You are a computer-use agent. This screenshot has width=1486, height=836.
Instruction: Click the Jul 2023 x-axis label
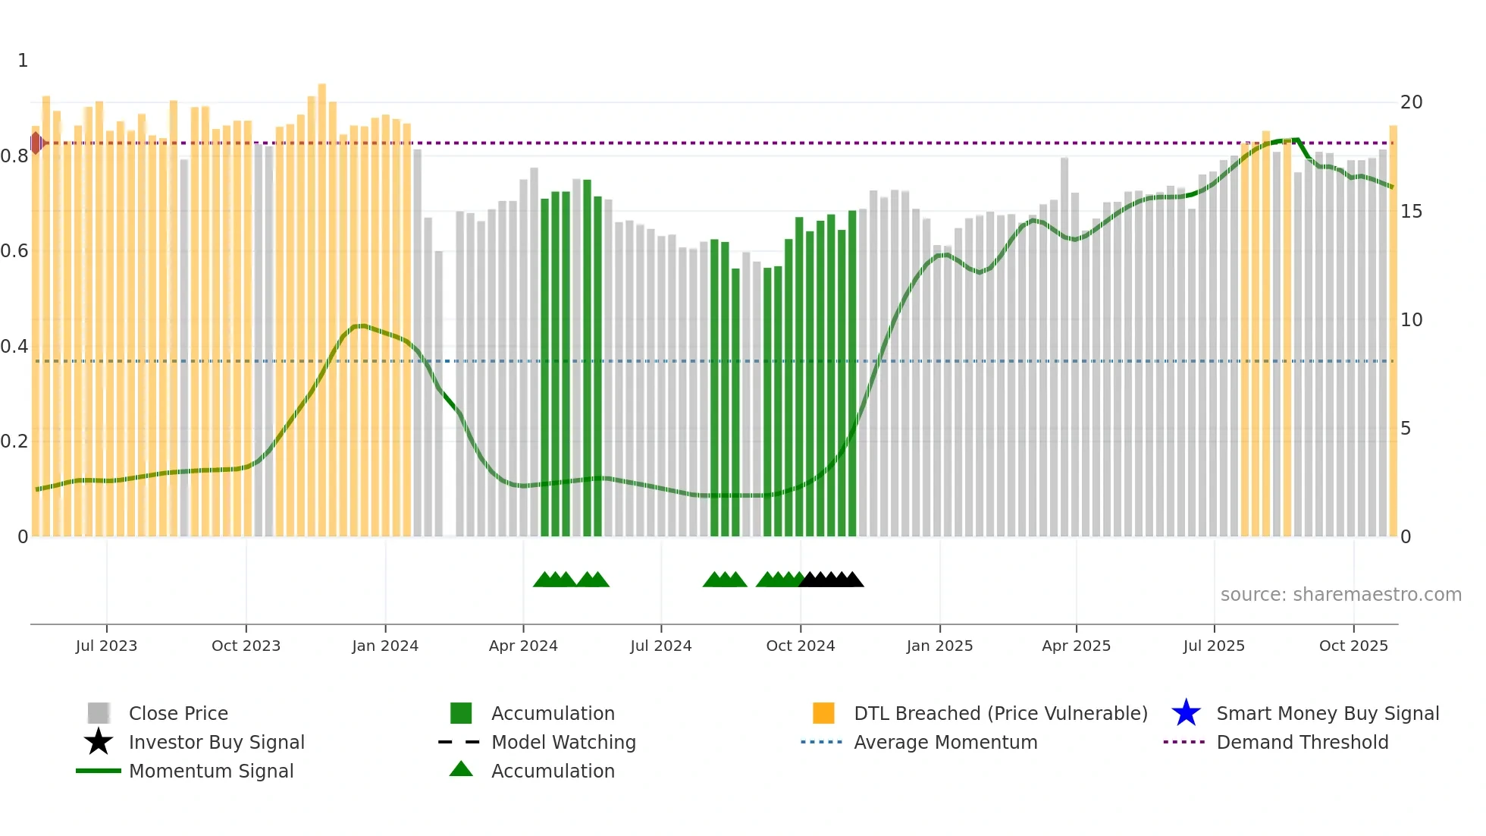click(x=106, y=646)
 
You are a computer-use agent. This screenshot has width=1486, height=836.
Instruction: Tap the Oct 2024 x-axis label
click(x=800, y=646)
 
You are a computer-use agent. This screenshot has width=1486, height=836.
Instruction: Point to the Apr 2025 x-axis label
click(x=1076, y=646)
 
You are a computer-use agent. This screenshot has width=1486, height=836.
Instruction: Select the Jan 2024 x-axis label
click(x=385, y=646)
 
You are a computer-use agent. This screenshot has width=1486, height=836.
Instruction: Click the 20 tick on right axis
click(x=1411, y=102)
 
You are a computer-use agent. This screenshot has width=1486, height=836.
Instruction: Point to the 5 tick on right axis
click(x=1406, y=429)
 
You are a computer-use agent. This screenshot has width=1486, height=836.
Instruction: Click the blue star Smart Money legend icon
click(x=1186, y=713)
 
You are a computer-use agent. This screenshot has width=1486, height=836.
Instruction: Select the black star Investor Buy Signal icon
click(x=99, y=742)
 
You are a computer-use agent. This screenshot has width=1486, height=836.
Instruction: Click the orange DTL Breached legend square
click(x=823, y=713)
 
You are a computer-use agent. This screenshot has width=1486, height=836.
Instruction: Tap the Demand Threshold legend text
click(x=1302, y=742)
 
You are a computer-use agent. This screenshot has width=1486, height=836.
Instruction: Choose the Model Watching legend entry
click(x=563, y=742)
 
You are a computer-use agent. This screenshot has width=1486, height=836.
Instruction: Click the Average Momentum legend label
click(x=945, y=742)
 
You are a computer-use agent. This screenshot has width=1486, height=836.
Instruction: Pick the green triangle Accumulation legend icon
click(x=461, y=769)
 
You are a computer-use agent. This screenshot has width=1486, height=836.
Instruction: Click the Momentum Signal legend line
click(x=99, y=771)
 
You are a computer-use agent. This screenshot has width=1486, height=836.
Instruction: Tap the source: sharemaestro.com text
click(x=1340, y=594)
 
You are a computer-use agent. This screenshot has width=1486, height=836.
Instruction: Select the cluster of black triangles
click(x=832, y=580)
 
